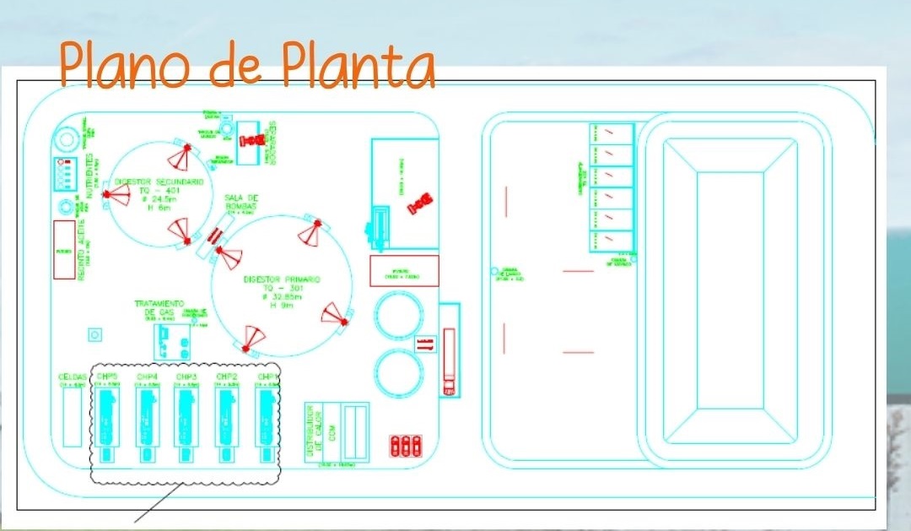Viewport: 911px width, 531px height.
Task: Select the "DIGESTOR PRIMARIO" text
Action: (x=282, y=279)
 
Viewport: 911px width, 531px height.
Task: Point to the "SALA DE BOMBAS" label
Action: (x=240, y=202)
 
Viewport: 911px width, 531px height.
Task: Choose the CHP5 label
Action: (x=107, y=377)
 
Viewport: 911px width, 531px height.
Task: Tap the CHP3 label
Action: (x=186, y=377)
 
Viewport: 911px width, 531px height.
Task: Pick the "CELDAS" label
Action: (x=71, y=377)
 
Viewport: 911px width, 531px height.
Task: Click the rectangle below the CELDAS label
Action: (x=72, y=417)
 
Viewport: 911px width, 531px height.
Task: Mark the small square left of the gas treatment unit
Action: (x=94, y=334)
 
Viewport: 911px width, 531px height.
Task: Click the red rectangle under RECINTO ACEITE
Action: (x=64, y=249)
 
